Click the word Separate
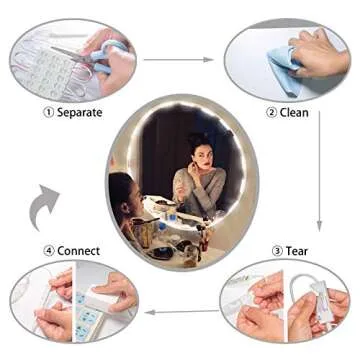pyautogui.click(x=80, y=112)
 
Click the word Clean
pyautogui.click(x=294, y=112)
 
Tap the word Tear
pyautogui.click(x=296, y=251)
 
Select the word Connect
pyautogui.click(x=78, y=251)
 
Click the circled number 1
pyautogui.click(x=48, y=112)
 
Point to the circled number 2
pyautogui.click(x=271, y=112)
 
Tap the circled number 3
pyautogui.click(x=277, y=251)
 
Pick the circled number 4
pyautogui.click(x=48, y=251)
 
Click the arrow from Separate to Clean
pyautogui.click(x=178, y=60)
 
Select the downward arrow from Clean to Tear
pyautogui.click(x=319, y=171)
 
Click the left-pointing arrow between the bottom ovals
pyautogui.click(x=182, y=312)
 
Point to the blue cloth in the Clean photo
pyautogui.click(x=283, y=68)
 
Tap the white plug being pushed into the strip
pyautogui.click(x=103, y=297)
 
